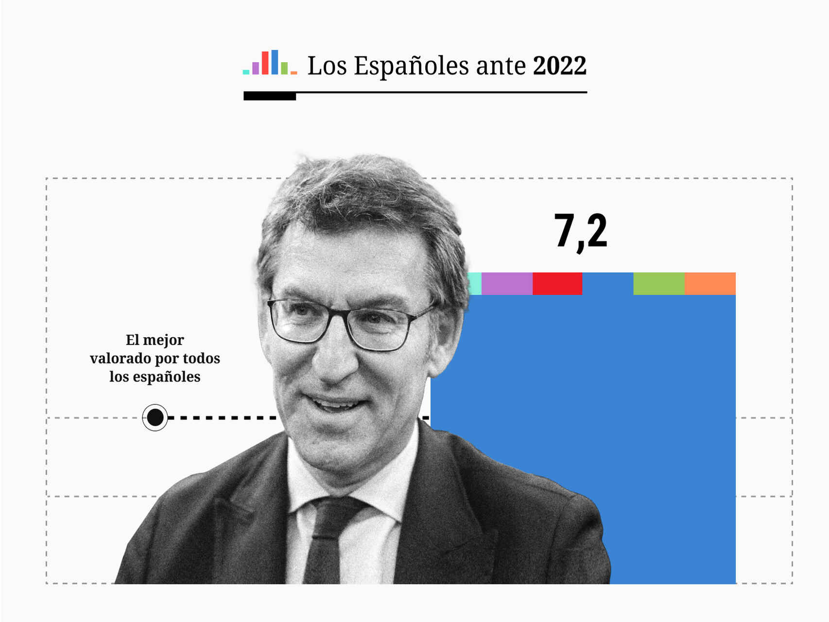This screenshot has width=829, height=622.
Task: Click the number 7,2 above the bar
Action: [581, 232]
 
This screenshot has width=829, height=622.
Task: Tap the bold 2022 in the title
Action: [559, 66]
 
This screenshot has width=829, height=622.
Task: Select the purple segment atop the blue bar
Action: [507, 284]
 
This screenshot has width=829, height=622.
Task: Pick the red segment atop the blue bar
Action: [557, 284]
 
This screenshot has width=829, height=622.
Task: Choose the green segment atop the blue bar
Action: [658, 284]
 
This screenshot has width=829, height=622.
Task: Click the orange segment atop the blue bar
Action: [710, 284]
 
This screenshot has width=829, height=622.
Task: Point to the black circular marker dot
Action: [155, 417]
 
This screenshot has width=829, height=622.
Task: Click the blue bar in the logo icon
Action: [275, 62]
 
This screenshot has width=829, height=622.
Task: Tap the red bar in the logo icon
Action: [265, 63]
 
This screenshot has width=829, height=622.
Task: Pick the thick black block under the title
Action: [270, 96]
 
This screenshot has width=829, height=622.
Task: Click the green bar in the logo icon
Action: [284, 69]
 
